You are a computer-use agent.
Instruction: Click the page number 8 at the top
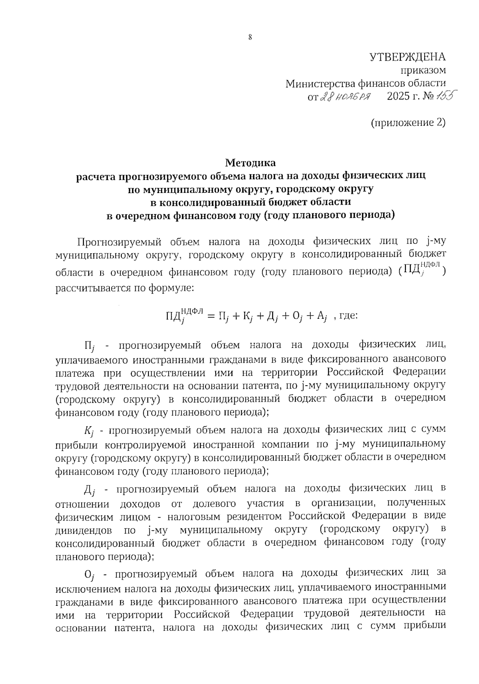click(x=250, y=37)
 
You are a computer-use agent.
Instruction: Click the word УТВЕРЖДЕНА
click(x=407, y=57)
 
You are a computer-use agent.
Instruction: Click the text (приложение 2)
click(x=408, y=122)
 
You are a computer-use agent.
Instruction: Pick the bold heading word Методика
click(x=250, y=163)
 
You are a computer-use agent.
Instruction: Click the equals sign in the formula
click(x=211, y=316)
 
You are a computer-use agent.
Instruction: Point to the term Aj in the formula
click(x=322, y=317)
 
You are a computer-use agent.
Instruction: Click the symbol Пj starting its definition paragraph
click(x=89, y=346)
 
